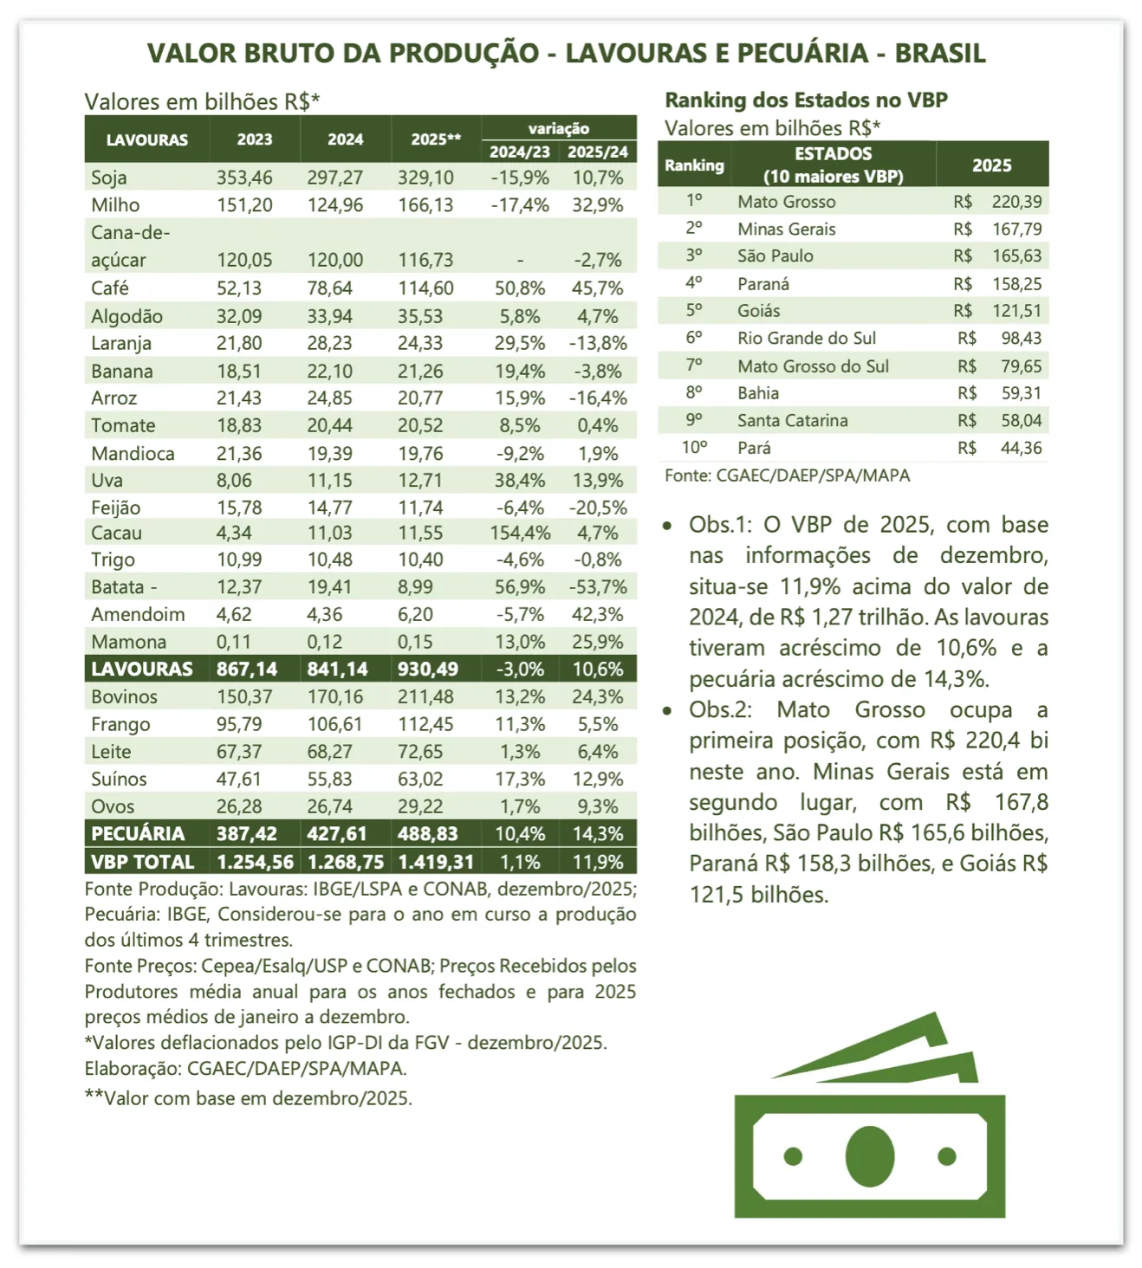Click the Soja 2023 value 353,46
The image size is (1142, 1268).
coord(244,178)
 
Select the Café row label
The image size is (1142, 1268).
coord(110,288)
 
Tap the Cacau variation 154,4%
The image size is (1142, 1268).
coord(520,533)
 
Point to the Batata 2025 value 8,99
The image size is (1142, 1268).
coord(416,587)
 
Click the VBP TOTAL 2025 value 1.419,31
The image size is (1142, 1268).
coord(436,862)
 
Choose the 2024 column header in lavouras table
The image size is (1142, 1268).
coord(345,139)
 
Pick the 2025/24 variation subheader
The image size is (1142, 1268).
coord(598,152)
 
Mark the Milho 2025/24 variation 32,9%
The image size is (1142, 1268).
coord(598,205)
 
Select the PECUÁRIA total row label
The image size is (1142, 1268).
coord(138,834)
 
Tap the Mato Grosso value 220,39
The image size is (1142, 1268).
coord(1016,202)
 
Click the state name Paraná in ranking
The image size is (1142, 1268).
coord(763,284)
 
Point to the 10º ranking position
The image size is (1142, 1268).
coord(694,448)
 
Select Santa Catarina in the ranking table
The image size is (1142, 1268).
coord(793,421)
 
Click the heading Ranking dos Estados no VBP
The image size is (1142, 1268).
coord(806,100)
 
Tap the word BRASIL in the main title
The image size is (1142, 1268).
coord(940,54)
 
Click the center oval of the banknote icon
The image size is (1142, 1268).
coord(869,1156)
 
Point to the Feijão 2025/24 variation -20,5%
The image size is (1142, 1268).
coord(598,508)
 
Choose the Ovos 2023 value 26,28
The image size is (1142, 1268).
coord(239,806)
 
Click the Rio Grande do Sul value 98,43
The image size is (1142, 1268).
coord(1021,339)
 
